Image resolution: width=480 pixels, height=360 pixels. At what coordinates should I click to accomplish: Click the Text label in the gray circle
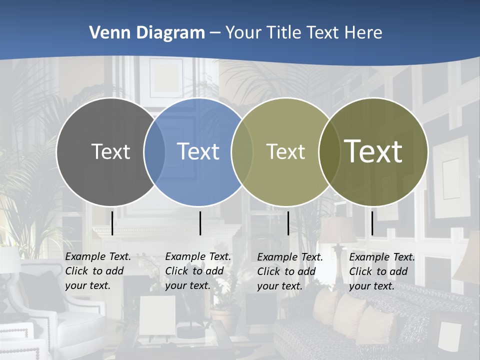point(110,151)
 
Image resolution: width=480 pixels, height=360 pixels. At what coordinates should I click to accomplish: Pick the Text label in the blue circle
point(198,151)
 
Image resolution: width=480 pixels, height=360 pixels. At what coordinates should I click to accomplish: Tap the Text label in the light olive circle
point(285,151)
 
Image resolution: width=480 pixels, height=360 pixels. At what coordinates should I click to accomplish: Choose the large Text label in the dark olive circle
point(373,151)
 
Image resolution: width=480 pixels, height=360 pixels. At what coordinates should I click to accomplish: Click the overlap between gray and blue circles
point(155,151)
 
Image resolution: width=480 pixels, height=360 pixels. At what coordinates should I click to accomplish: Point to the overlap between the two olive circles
point(329,151)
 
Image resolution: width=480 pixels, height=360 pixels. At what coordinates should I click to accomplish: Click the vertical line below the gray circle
point(112,223)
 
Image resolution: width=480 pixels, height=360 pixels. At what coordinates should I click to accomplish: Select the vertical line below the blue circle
point(200,223)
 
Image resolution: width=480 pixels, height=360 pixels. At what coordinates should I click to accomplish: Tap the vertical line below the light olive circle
point(288,223)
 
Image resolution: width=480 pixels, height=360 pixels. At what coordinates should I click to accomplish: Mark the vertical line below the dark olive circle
point(372,223)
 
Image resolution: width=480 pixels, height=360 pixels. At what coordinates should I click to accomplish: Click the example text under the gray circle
point(98,271)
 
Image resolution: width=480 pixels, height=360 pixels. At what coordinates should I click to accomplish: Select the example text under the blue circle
point(198,271)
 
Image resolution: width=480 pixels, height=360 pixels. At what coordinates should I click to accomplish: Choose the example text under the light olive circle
point(290,271)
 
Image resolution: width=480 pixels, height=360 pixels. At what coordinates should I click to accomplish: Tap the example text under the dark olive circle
point(382,271)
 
